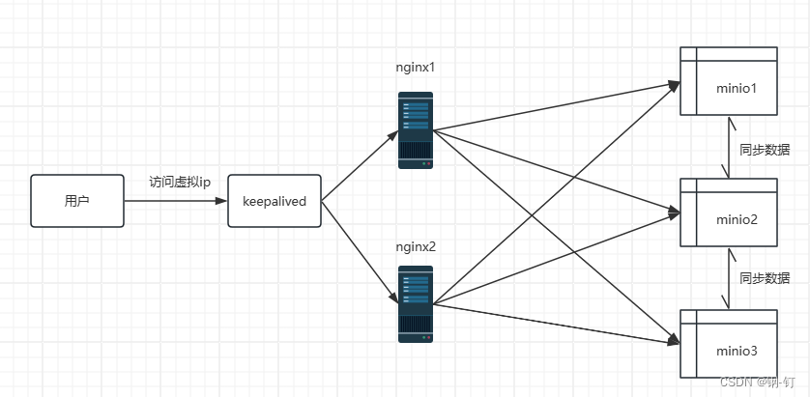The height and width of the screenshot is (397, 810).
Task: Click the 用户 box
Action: click(x=77, y=201)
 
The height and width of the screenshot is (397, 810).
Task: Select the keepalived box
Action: click(x=275, y=201)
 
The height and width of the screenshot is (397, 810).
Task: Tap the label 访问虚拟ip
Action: click(x=180, y=183)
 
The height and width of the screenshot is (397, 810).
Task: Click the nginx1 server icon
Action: click(x=416, y=130)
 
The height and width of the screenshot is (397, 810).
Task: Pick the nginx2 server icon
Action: click(x=416, y=304)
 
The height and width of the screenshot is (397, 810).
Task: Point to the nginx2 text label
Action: click(x=417, y=246)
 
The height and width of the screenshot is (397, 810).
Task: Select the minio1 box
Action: click(x=729, y=81)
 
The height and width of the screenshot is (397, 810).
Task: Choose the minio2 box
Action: click(x=729, y=213)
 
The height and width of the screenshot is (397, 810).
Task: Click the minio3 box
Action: click(x=729, y=343)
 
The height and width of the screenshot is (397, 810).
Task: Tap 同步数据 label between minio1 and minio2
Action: click(x=765, y=150)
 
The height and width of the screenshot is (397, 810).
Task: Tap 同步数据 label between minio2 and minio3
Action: click(x=765, y=278)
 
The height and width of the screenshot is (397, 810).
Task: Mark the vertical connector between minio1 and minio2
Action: click(x=730, y=148)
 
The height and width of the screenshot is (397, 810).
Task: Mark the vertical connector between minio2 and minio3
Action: click(x=730, y=278)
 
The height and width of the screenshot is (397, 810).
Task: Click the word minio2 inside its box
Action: click(x=737, y=219)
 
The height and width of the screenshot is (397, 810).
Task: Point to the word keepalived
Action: click(x=275, y=202)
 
